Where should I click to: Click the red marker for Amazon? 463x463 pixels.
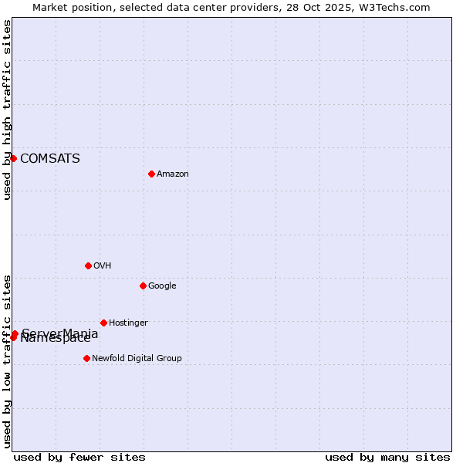pyautogui.click(x=151, y=174)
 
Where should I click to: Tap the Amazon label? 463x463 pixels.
pyautogui.click(x=173, y=174)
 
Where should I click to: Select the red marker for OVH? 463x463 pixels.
pyautogui.click(x=88, y=265)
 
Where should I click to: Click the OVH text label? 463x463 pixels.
pyautogui.click(x=103, y=266)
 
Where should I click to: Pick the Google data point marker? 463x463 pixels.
pyautogui.click(x=143, y=286)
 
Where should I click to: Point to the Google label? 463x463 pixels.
pyautogui.click(x=162, y=286)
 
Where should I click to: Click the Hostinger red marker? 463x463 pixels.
pyautogui.click(x=103, y=323)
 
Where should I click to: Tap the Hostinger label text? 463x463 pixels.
pyautogui.click(x=128, y=323)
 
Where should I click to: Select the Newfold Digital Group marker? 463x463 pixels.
pyautogui.click(x=86, y=358)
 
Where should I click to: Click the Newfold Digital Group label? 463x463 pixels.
pyautogui.click(x=137, y=359)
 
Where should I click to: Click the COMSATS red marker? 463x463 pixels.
pyautogui.click(x=13, y=158)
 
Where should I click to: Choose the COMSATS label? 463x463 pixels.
pyautogui.click(x=50, y=159)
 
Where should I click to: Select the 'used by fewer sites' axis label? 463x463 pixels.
pyautogui.click(x=79, y=458)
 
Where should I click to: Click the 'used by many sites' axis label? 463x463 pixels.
pyautogui.click(x=387, y=458)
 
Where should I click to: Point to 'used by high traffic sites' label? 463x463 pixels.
pyautogui.click(x=8, y=110)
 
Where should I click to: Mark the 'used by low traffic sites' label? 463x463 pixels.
pyautogui.click(x=8, y=361)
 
